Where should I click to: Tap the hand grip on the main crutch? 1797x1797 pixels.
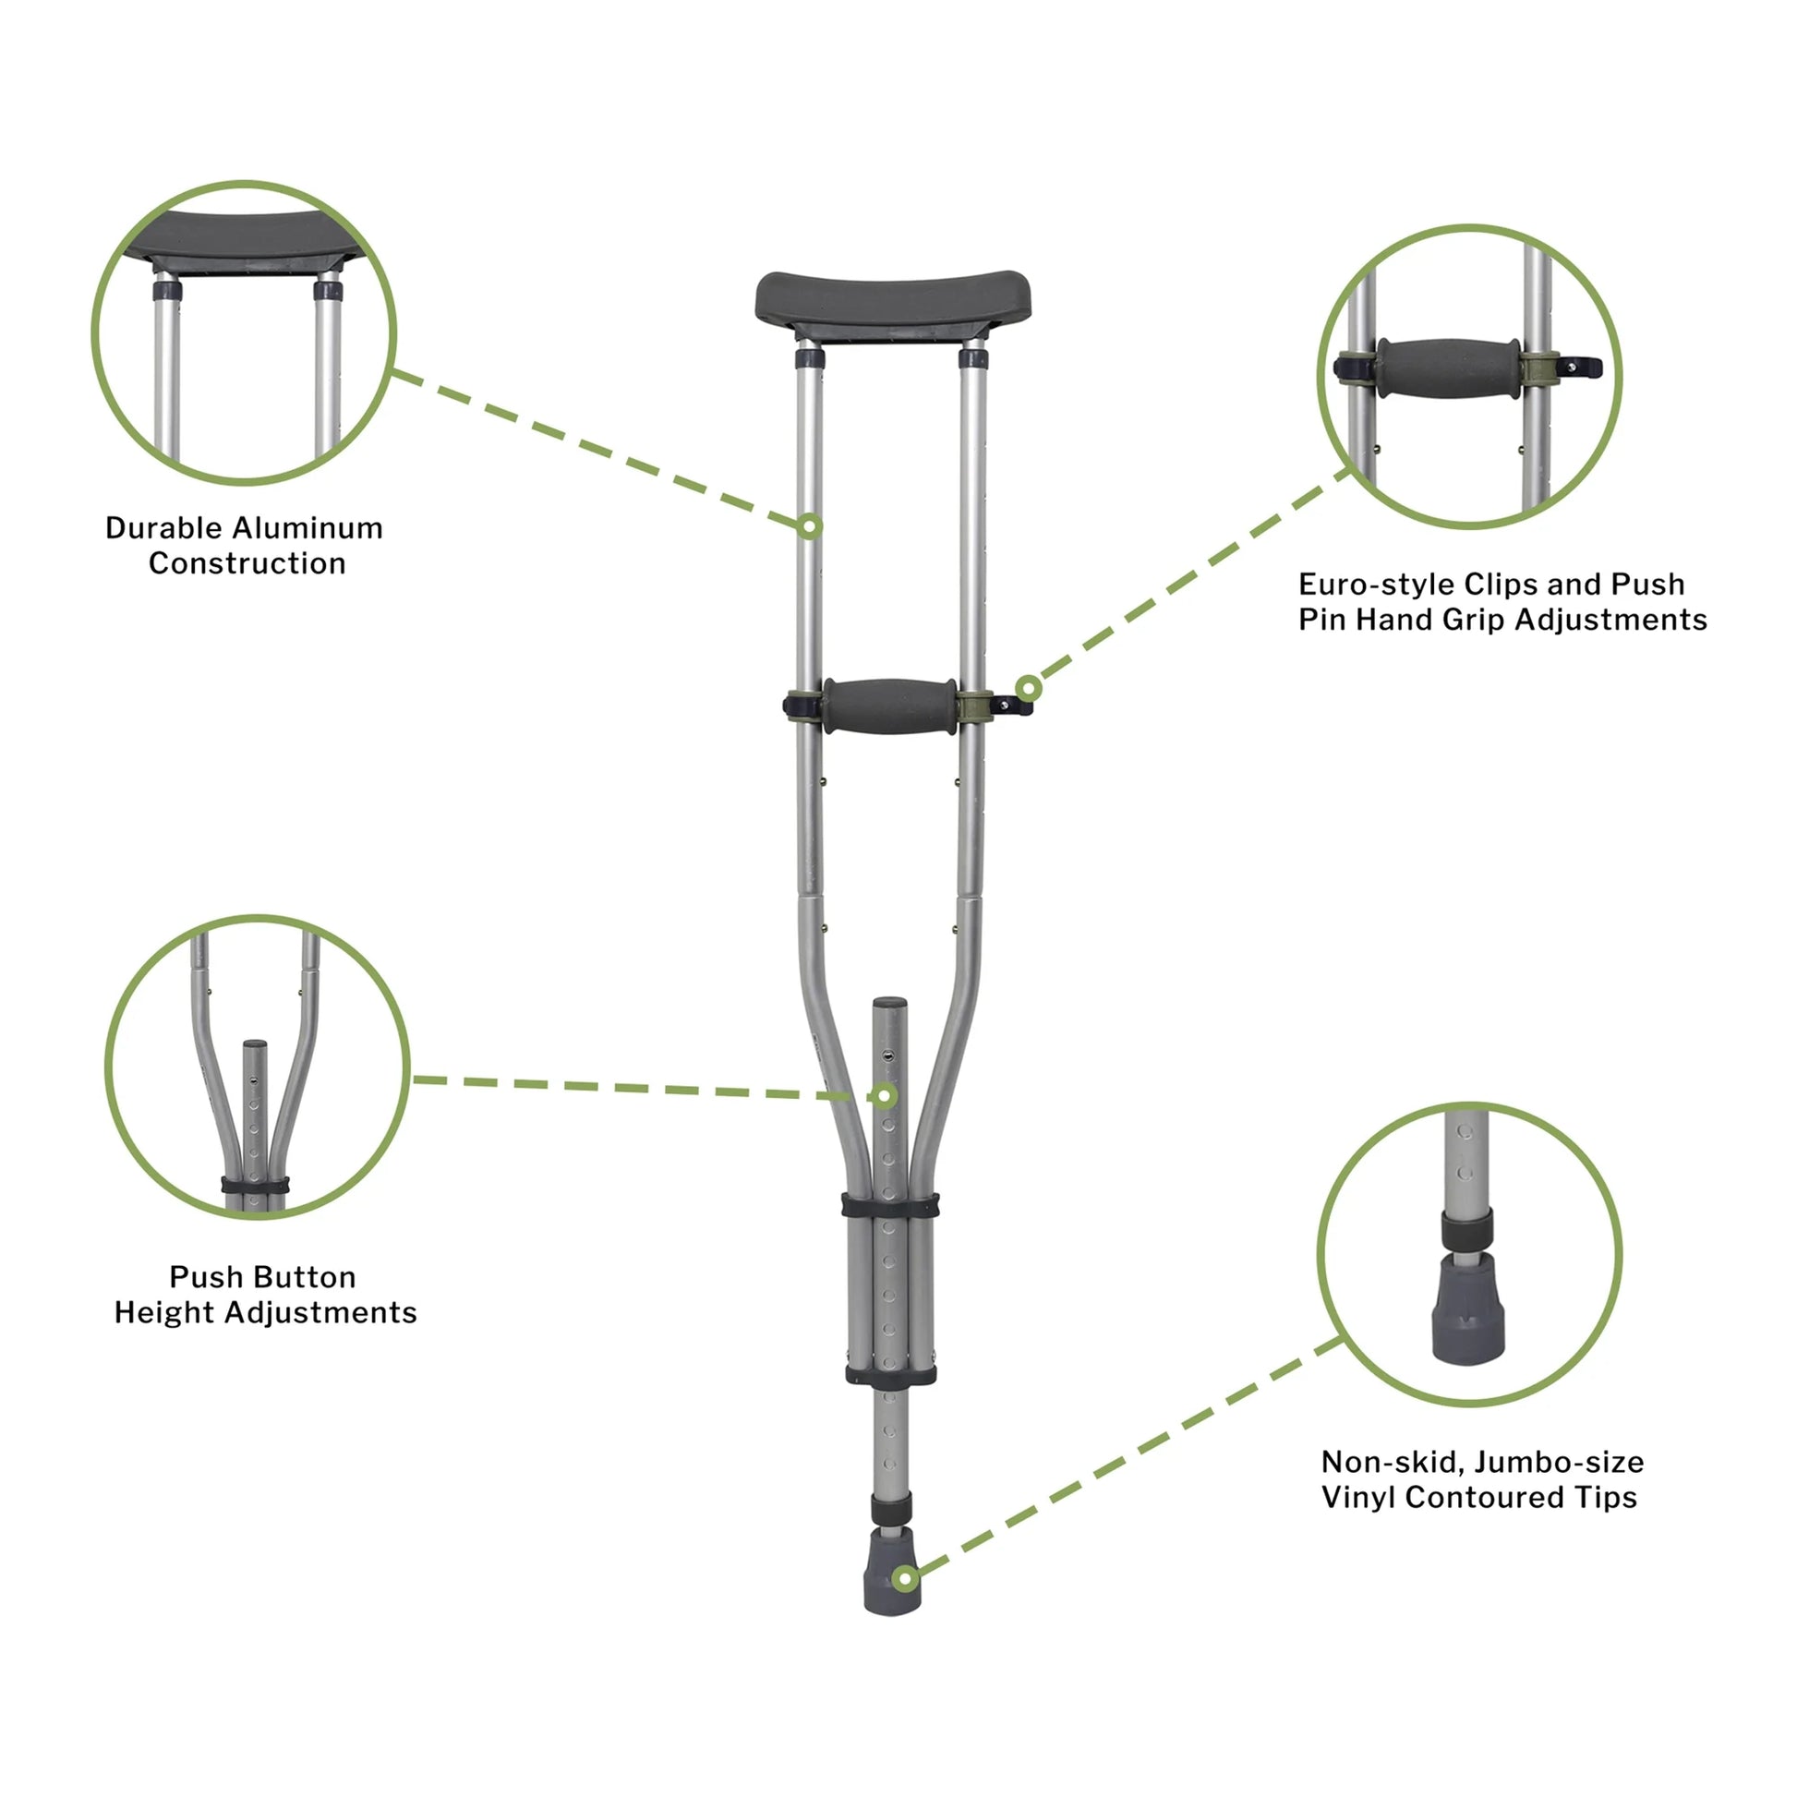pos(889,706)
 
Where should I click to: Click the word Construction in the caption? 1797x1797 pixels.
pos(247,563)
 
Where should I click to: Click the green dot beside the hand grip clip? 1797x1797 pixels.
pos(1028,689)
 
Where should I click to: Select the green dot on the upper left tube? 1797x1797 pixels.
pos(810,527)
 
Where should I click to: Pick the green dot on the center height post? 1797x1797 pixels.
pos(885,1097)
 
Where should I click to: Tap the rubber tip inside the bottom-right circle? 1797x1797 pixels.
pos(1467,1309)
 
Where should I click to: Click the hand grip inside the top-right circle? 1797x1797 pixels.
pos(1448,368)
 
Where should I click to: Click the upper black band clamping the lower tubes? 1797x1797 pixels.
pos(890,1205)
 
